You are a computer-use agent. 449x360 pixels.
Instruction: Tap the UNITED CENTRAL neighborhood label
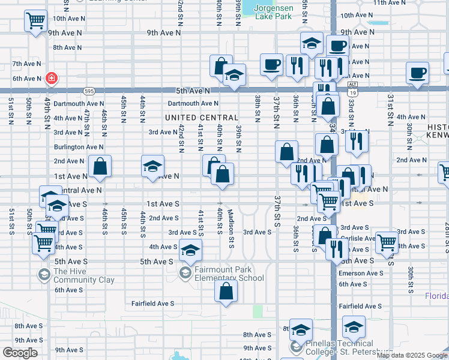[202, 118]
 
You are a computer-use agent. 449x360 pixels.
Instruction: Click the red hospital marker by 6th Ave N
[51, 78]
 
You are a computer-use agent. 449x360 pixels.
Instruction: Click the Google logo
[20, 352]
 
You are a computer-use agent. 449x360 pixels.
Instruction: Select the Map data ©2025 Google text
[412, 356]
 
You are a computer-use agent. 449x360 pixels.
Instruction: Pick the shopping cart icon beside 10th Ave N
[35, 21]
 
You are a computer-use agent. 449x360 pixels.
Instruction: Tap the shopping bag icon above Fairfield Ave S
[226, 292]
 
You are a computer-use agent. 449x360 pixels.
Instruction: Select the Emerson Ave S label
[360, 274]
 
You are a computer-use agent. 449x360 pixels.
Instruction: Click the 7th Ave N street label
[26, 64]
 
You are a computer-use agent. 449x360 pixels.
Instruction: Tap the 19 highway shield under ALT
[353, 94]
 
